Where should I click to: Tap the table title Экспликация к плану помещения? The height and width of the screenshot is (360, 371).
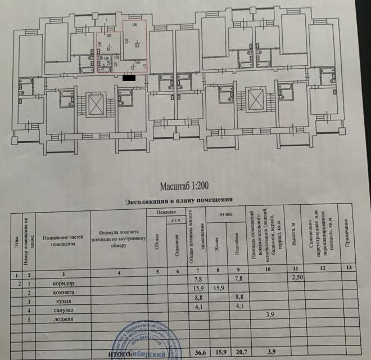[178, 201]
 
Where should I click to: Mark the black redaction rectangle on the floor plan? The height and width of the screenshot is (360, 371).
[129, 76]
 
